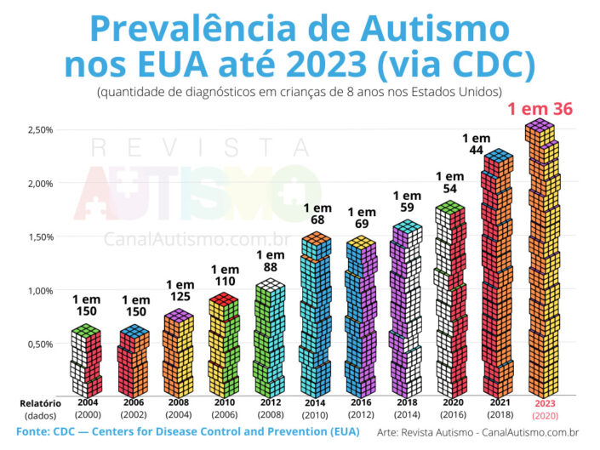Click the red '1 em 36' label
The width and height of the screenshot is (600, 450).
pyautogui.click(x=540, y=110)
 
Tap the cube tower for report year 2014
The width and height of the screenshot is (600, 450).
pyautogui.click(x=316, y=315)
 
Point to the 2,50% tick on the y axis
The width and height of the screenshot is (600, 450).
pyautogui.click(x=39, y=129)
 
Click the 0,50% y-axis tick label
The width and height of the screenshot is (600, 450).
pyautogui.click(x=39, y=344)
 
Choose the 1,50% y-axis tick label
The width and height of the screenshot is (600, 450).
pyautogui.click(x=39, y=236)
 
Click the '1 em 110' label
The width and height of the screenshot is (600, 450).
pyautogui.click(x=225, y=276)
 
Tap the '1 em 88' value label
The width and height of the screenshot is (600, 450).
pyautogui.click(x=271, y=260)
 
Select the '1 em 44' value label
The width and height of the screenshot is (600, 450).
pyautogui.click(x=477, y=144)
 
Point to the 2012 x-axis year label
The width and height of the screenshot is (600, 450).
pyautogui.click(x=271, y=403)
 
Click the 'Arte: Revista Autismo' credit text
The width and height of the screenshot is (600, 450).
pyautogui.click(x=431, y=433)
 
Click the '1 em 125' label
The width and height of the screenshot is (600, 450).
pyautogui.click(x=180, y=291)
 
